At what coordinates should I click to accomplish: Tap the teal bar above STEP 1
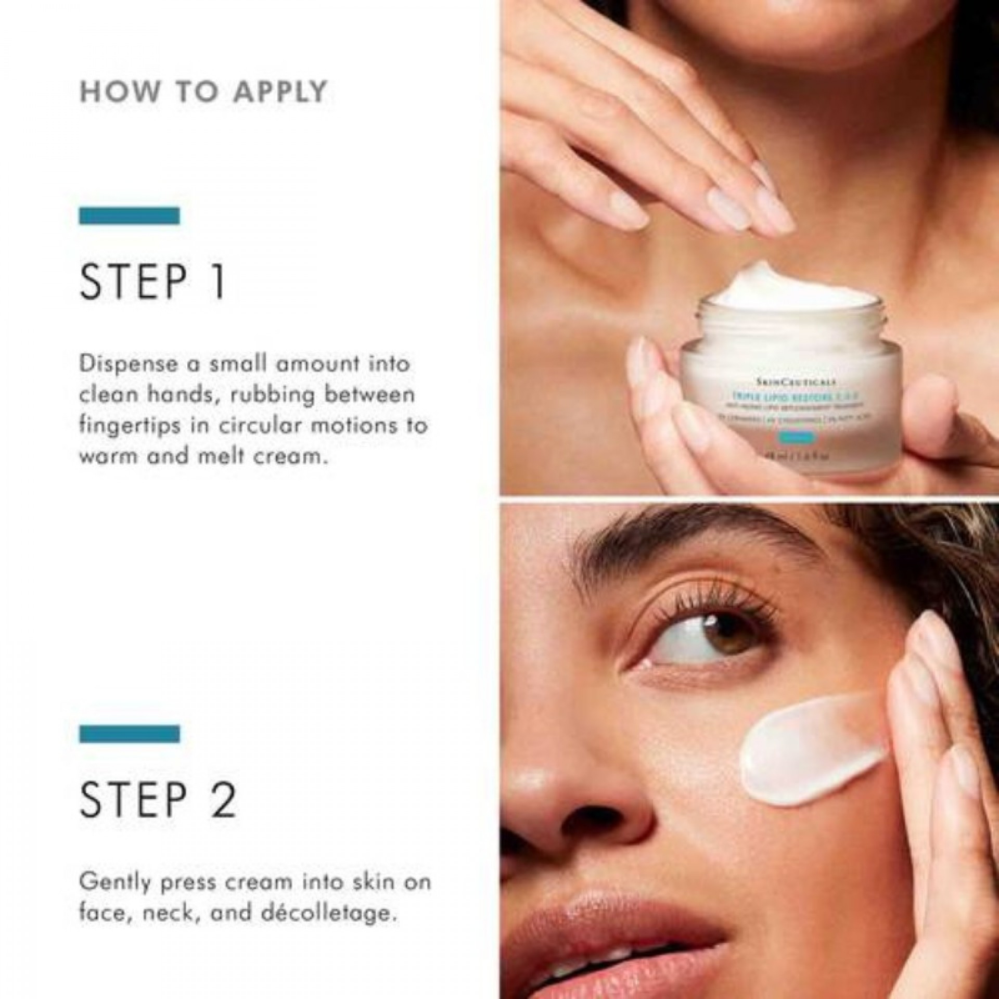click(x=129, y=215)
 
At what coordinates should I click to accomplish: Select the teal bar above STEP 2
click(x=129, y=734)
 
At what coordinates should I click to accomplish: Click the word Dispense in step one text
click(x=127, y=364)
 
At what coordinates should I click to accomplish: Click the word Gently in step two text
click(x=118, y=882)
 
